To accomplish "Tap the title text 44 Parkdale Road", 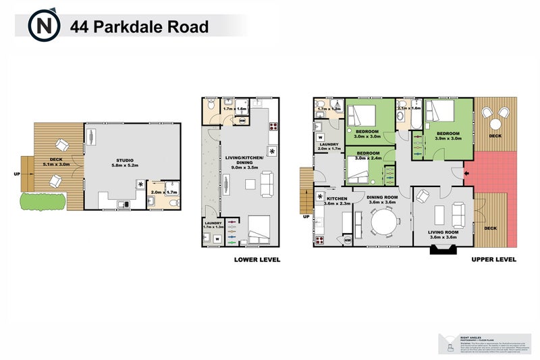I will point(139,27).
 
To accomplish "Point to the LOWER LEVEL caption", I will point(256,259).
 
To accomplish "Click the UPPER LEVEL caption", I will point(493,259).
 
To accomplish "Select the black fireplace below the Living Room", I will point(441,251).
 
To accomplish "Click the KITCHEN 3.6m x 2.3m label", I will point(335,201).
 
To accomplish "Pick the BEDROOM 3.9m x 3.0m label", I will point(448,136).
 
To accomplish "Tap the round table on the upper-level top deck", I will point(496,123).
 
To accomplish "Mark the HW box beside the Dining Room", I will point(348,240).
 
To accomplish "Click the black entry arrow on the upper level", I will point(467,176).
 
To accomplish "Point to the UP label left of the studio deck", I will point(16,174).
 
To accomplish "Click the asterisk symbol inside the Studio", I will point(140,184).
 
